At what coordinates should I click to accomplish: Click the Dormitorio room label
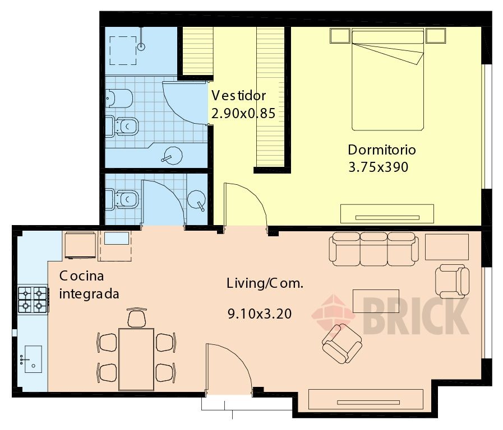pyautogui.click(x=382, y=150)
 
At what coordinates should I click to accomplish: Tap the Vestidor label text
pyautogui.click(x=239, y=95)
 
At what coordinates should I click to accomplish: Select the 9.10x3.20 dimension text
pyautogui.click(x=260, y=314)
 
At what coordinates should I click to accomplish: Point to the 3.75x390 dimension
pyautogui.click(x=378, y=167)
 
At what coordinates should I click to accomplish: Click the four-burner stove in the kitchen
pyautogui.click(x=33, y=300)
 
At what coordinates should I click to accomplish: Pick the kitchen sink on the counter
pyautogui.click(x=33, y=359)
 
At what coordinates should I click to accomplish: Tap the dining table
pyautogui.click(x=136, y=359)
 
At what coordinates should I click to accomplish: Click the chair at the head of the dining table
pyautogui.click(x=137, y=317)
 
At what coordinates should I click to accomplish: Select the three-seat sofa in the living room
pyautogui.click(x=373, y=249)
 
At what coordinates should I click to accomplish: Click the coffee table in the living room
pyautogui.click(x=376, y=301)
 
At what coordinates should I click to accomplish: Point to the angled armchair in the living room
pyautogui.click(x=342, y=344)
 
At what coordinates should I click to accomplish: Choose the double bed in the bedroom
pyautogui.click(x=388, y=80)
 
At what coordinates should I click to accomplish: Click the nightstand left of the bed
pyautogui.click(x=340, y=36)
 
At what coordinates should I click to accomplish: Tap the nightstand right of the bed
pyautogui.click(x=436, y=36)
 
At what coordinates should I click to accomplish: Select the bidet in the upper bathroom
pyautogui.click(x=119, y=99)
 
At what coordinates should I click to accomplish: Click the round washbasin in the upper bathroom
pyautogui.click(x=173, y=156)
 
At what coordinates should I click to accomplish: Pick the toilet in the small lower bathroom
pyautogui.click(x=122, y=199)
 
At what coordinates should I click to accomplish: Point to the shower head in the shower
pyautogui.click(x=141, y=46)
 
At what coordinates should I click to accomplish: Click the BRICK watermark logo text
pyautogui.click(x=416, y=316)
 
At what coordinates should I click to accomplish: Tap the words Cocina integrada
pyautogui.click(x=89, y=284)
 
